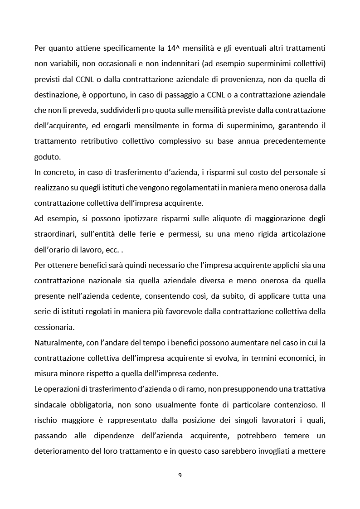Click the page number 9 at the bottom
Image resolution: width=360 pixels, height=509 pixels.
(180, 475)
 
